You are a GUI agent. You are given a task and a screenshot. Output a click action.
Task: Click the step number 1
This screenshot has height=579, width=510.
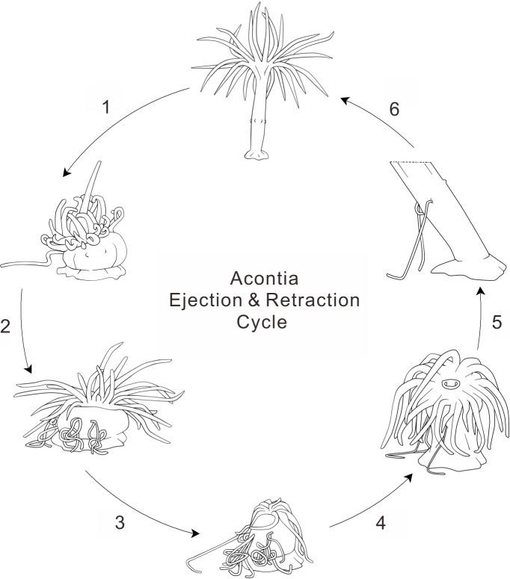pyautogui.click(x=106, y=106)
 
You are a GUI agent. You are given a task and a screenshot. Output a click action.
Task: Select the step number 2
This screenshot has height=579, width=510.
pyautogui.click(x=5, y=326)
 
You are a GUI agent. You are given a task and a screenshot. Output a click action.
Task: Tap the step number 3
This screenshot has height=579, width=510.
pyautogui.click(x=120, y=522)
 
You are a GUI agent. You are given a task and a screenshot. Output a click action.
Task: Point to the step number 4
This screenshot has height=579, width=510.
pyautogui.click(x=381, y=522)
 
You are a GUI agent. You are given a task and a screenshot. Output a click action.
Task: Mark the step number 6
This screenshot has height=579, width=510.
pyautogui.click(x=395, y=108)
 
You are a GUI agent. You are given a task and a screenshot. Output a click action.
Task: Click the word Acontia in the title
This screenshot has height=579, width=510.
pyautogui.click(x=264, y=279)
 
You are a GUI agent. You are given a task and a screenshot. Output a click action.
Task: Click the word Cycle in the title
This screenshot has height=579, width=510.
pyautogui.click(x=264, y=324)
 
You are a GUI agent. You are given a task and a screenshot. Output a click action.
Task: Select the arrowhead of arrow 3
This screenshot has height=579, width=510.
pyautogui.click(x=198, y=533)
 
